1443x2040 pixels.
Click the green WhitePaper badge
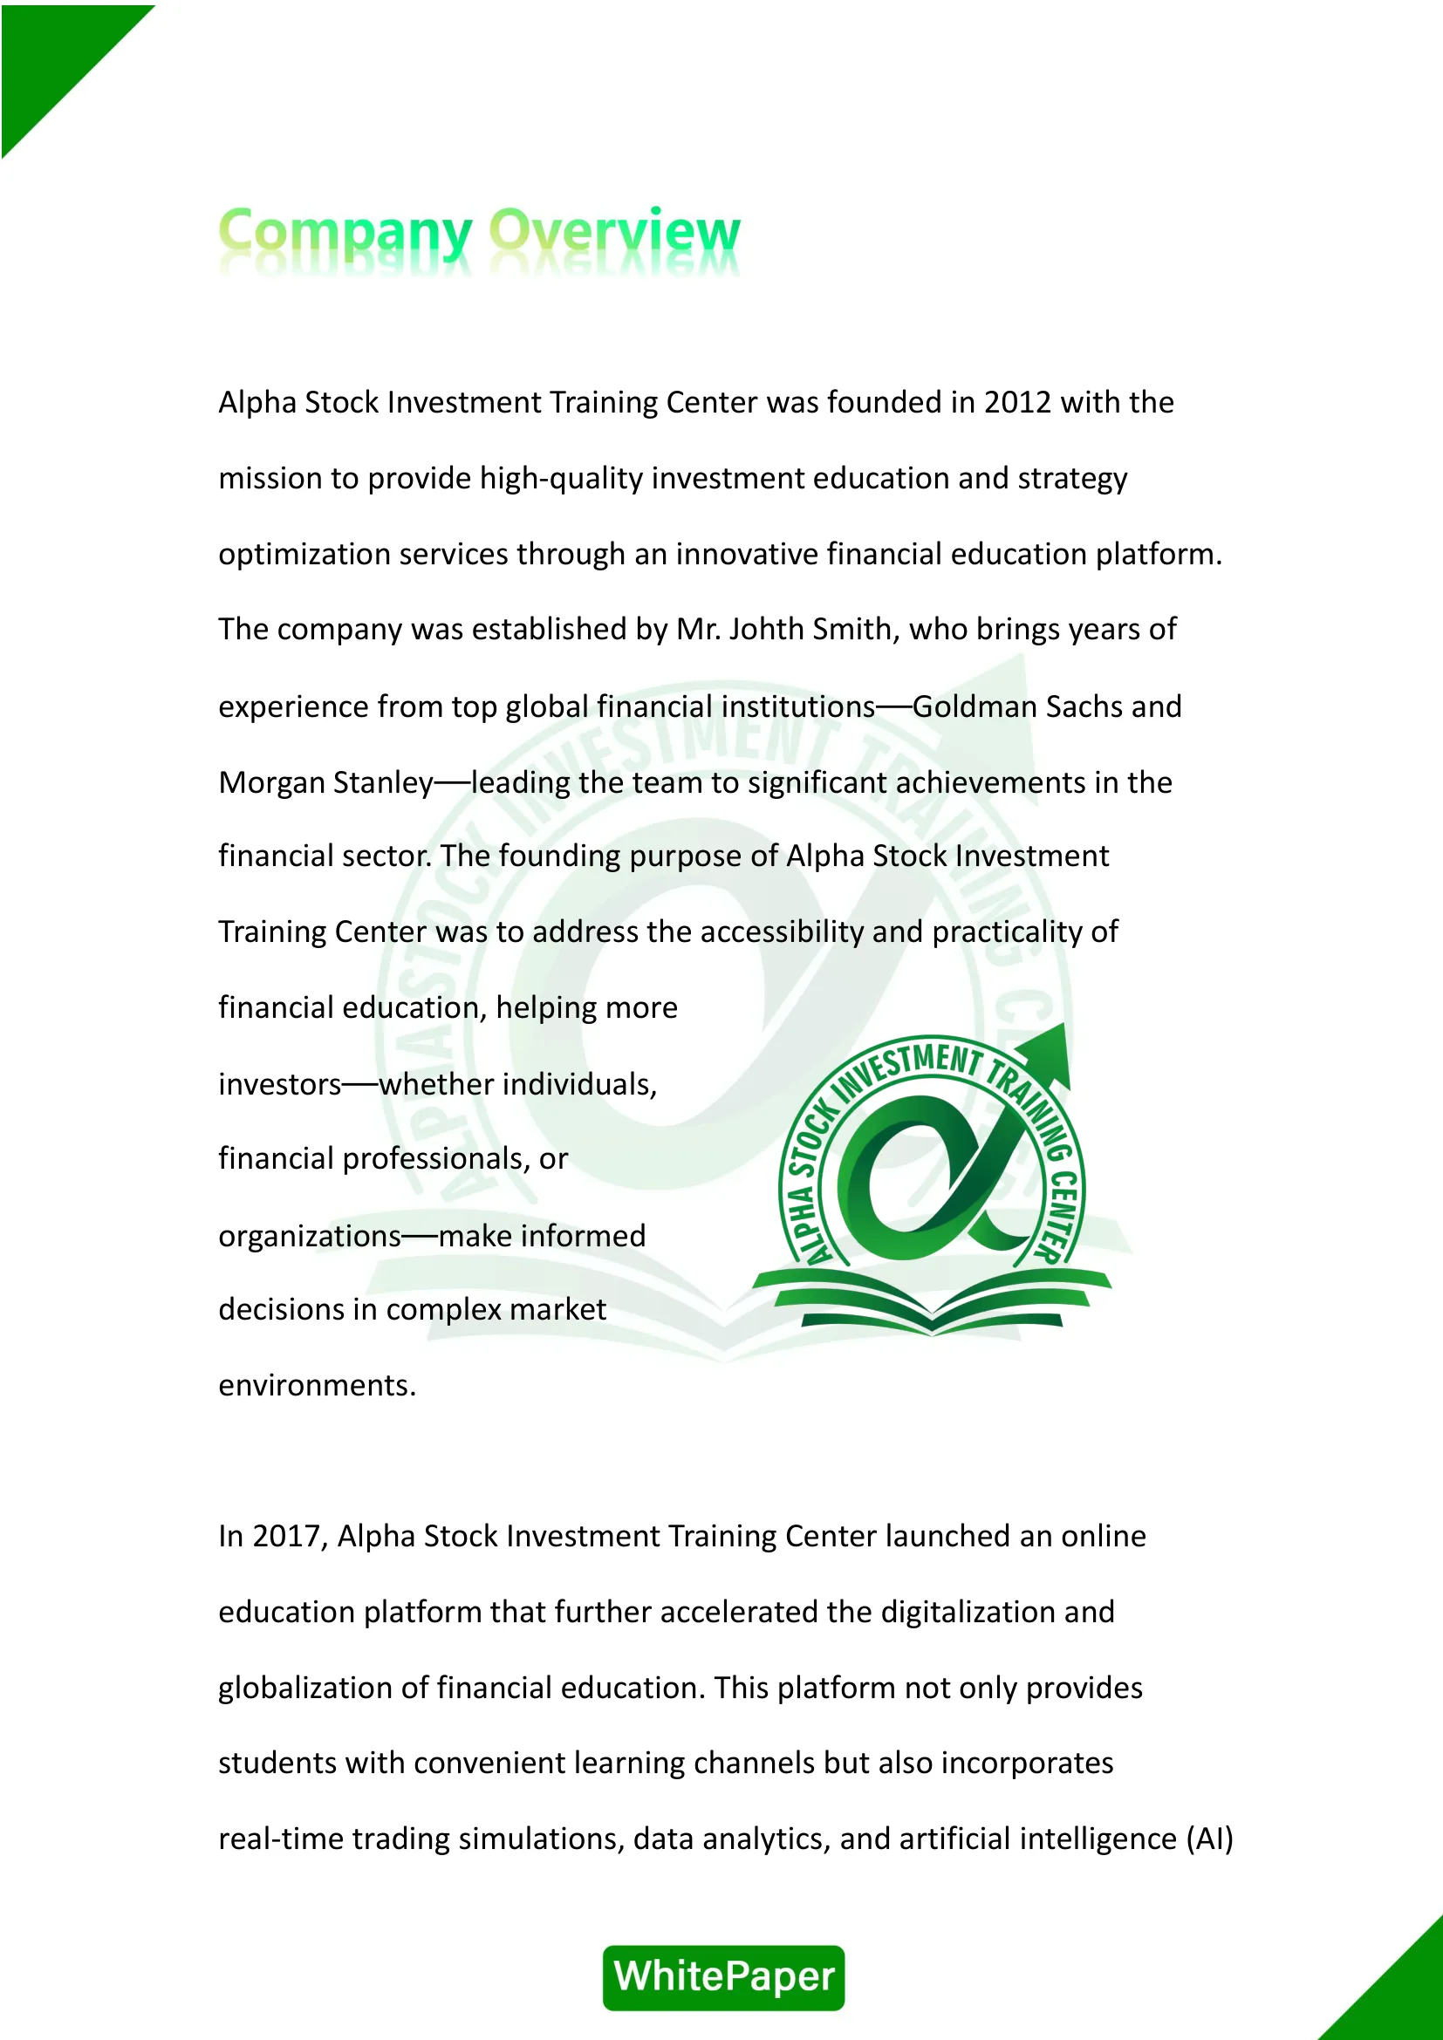coord(723,1977)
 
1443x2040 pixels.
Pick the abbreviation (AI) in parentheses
coord(1209,1839)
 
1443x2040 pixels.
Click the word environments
coord(317,1385)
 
